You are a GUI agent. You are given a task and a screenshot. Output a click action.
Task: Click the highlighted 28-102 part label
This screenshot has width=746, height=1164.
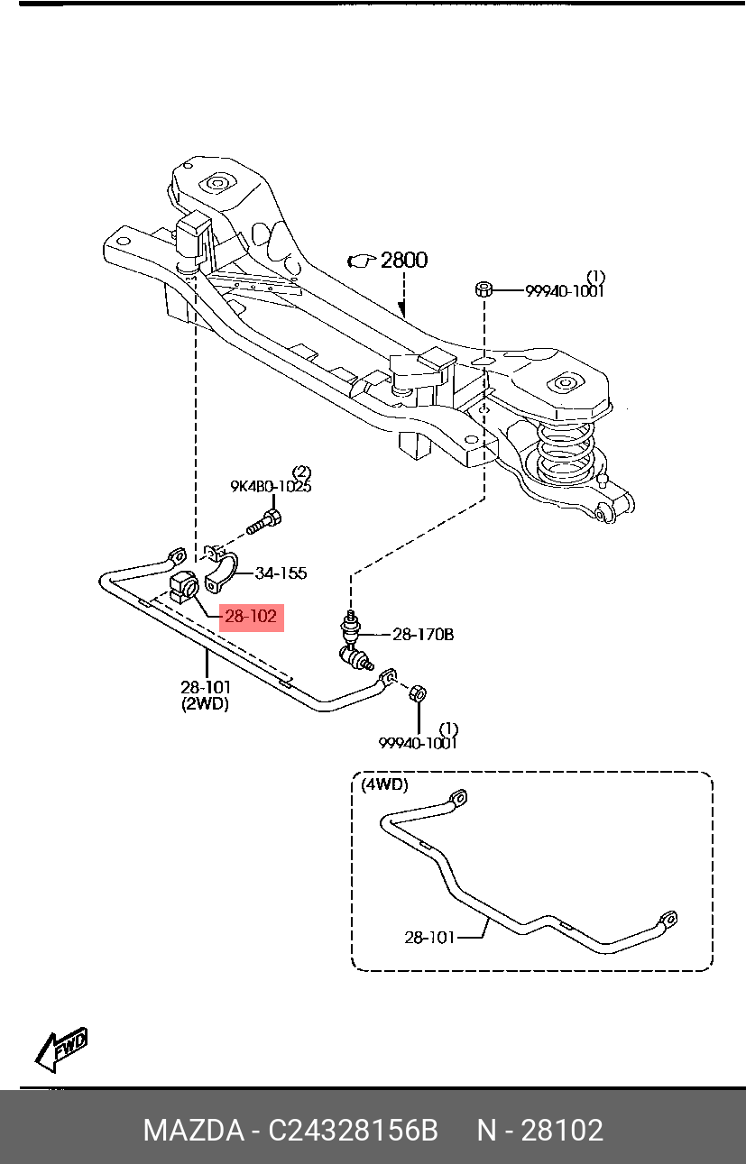coord(251,617)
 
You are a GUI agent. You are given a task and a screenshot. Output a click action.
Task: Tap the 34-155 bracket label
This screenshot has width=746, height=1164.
coord(281,573)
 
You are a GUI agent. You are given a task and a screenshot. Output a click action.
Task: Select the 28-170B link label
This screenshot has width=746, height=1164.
coord(423,635)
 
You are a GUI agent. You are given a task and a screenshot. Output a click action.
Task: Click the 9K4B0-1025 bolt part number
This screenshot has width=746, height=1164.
coord(271,486)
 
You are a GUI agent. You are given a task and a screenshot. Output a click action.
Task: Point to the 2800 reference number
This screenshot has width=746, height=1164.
coord(404,260)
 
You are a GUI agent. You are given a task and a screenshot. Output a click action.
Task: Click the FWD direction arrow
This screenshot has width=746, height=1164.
coord(60,1049)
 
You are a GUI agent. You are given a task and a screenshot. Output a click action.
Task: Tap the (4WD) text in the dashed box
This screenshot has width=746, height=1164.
coord(384,784)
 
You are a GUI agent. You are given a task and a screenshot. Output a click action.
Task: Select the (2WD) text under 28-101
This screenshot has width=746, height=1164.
coord(206,704)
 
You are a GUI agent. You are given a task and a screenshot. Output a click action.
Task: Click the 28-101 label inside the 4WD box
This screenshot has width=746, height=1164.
coord(429,938)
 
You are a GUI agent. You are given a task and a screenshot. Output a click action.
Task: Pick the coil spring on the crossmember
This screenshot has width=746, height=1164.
coord(565,451)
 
